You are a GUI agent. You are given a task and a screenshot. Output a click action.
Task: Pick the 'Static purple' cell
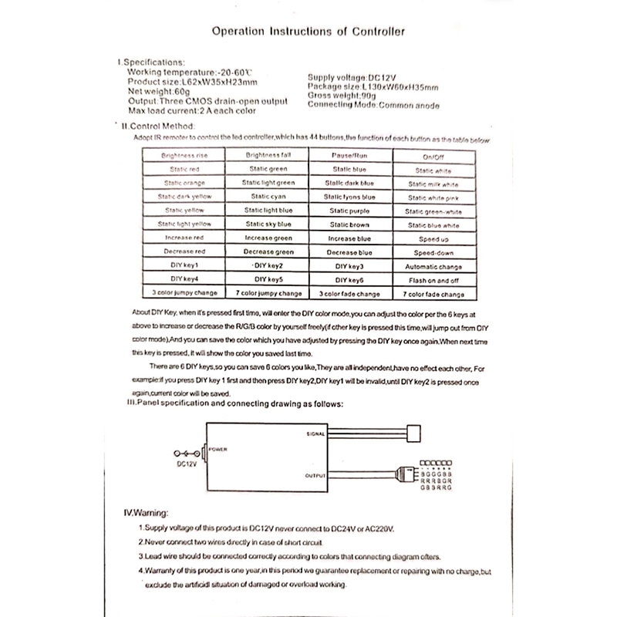click(349, 211)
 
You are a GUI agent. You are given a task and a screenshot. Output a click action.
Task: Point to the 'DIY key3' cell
click(349, 266)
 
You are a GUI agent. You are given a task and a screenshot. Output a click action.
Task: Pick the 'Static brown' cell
click(349, 224)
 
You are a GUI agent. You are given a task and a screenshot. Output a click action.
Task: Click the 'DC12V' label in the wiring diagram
click(185, 465)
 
